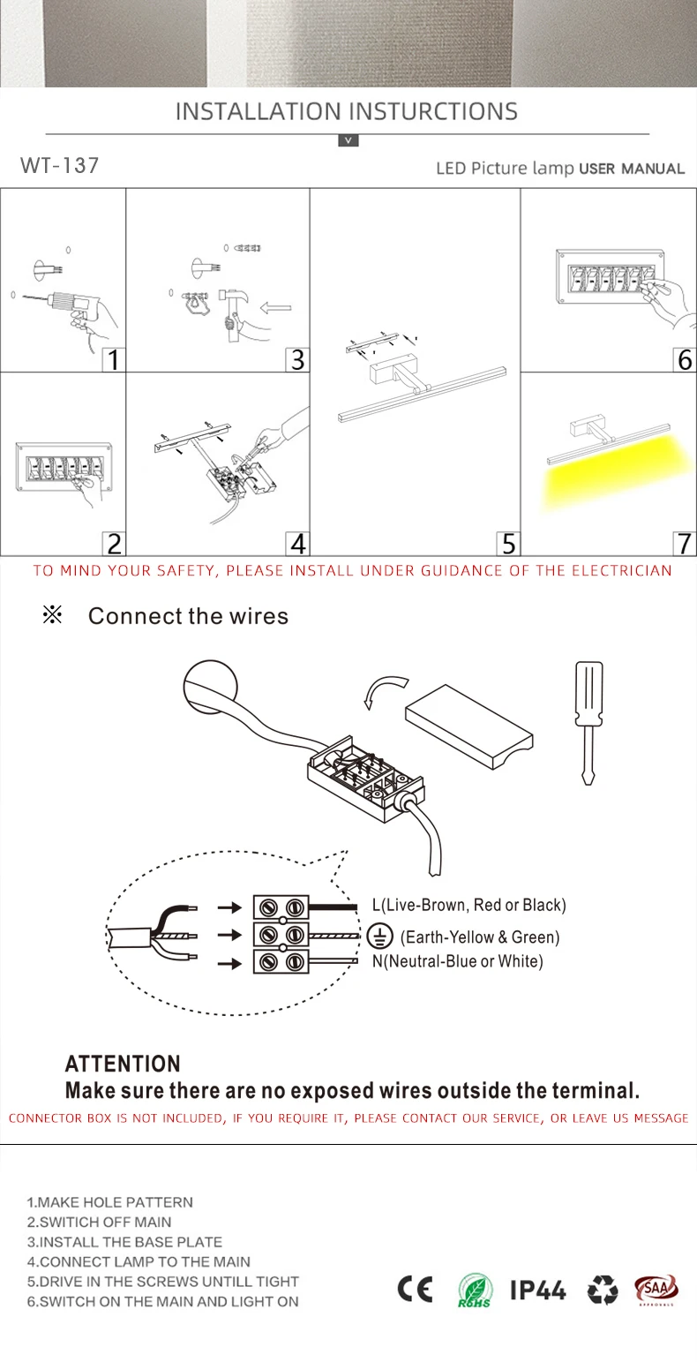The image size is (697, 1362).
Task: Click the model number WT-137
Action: point(59,165)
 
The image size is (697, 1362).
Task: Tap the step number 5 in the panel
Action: point(508,543)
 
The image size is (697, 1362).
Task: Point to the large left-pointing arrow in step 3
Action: point(276,308)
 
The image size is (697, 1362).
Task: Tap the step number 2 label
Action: point(114,543)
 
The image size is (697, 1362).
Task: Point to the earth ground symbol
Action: point(380,937)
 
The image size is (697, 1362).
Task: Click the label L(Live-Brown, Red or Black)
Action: point(468,905)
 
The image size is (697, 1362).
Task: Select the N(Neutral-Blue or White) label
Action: point(457,961)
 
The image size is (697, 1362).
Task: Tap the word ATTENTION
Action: point(123,1064)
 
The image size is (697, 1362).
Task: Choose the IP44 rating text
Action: point(538,1290)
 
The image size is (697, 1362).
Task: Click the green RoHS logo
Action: point(475,1291)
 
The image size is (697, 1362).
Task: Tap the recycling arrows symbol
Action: point(603,1290)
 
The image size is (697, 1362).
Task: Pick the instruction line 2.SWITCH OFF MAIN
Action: point(100,1222)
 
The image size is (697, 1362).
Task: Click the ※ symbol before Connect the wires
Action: point(52,615)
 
